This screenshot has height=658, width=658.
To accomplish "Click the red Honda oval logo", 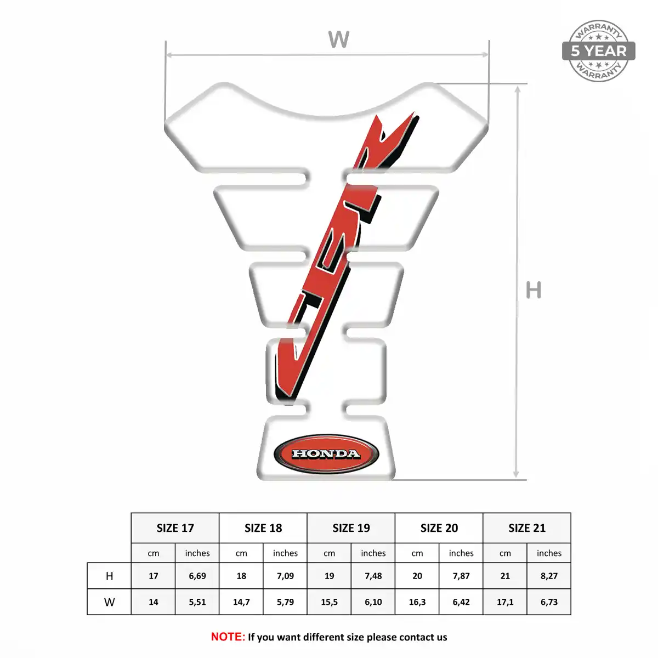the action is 326,454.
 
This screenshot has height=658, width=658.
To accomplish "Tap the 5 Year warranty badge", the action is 598,51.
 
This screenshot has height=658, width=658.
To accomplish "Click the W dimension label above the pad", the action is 339,39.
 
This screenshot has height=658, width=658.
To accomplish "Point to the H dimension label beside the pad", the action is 534,290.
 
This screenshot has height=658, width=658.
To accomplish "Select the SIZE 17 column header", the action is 175,528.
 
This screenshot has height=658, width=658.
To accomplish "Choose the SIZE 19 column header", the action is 351,528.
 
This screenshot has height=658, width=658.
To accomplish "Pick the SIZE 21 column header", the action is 527,528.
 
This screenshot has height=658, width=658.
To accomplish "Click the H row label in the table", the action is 109,576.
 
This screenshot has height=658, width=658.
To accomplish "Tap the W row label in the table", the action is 109,602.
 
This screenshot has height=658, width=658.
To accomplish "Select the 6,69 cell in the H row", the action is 197,576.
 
